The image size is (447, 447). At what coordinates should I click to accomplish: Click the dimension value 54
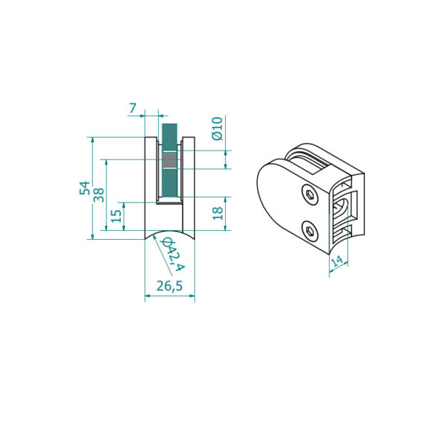point(84,188)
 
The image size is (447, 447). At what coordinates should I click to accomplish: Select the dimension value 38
point(99,195)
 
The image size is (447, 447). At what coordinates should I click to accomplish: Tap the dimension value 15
point(116,216)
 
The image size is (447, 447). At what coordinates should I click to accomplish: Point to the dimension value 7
point(133,109)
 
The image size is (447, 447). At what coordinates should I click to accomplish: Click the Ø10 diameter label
point(218,129)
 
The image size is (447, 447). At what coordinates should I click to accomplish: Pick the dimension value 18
point(218,213)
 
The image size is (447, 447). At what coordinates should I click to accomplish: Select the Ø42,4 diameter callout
point(173,255)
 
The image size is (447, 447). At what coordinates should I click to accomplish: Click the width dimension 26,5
point(169,286)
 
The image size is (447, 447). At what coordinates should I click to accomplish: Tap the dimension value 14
point(337,261)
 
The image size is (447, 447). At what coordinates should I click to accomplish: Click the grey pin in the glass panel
point(170,159)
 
